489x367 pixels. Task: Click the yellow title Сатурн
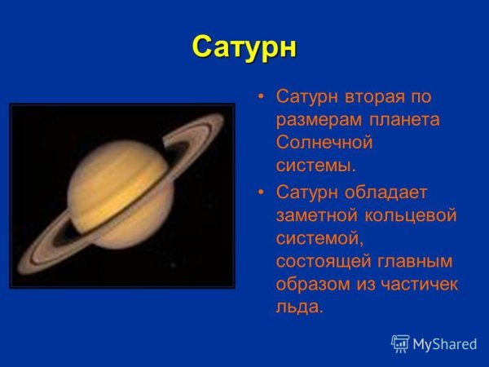(244, 47)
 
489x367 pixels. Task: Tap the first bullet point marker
(261, 97)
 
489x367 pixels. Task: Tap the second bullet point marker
(261, 192)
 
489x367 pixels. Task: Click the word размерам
(314, 120)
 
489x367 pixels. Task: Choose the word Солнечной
(324, 143)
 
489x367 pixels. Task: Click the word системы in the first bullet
(315, 166)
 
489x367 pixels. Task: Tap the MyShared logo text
(444, 344)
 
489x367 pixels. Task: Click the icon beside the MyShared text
(400, 343)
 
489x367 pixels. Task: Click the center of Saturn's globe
(119, 196)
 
